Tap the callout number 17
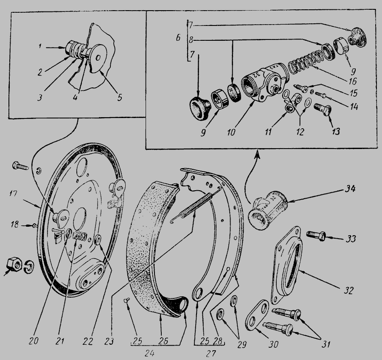point(14,194)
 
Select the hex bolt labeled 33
point(316,236)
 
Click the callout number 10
point(231,132)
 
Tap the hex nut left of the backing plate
point(14,264)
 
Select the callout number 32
point(348,290)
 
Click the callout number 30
point(274,344)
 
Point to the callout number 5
point(119,98)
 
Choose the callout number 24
point(149,353)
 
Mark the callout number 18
point(14,225)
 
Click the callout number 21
point(60,341)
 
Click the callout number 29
point(242,344)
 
